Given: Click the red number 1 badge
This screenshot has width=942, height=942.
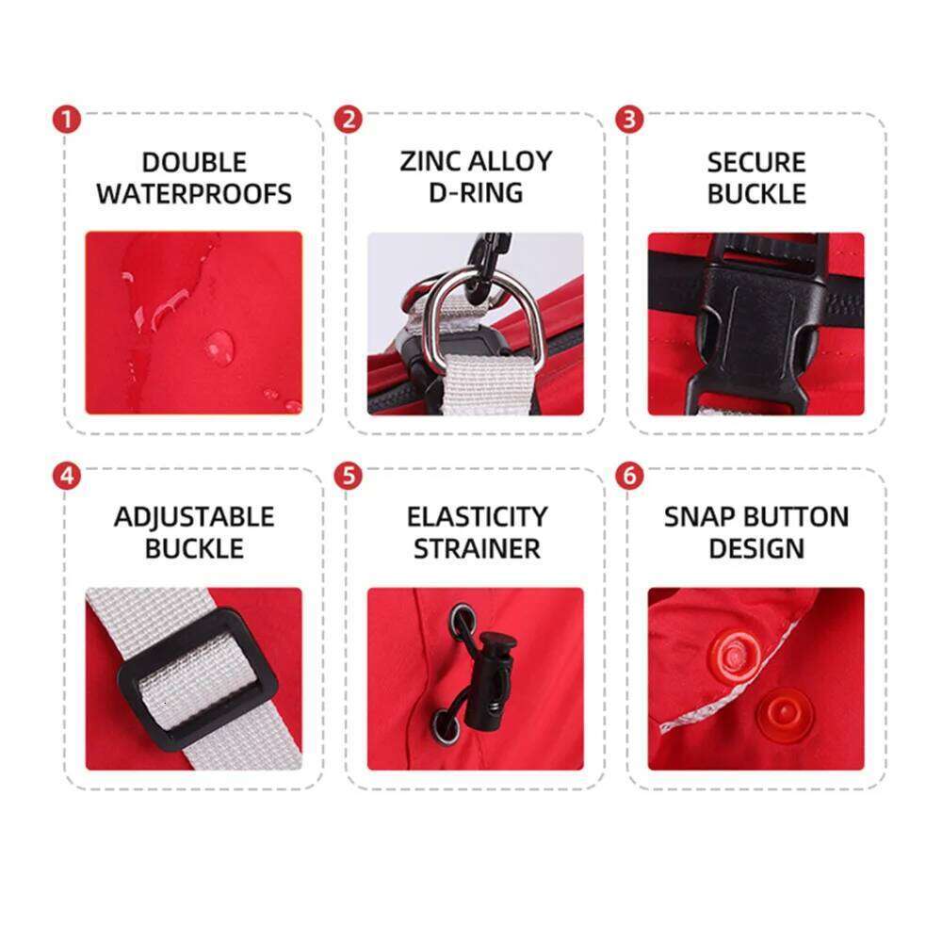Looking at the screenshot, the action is click(x=67, y=120).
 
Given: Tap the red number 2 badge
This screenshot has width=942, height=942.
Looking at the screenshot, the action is click(x=349, y=119).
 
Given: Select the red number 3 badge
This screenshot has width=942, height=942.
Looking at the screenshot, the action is click(x=629, y=119).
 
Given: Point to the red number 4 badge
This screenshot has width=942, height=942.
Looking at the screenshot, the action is click(x=67, y=476).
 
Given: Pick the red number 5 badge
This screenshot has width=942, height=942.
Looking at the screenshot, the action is click(x=349, y=476).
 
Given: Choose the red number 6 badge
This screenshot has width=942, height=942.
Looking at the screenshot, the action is click(x=629, y=476).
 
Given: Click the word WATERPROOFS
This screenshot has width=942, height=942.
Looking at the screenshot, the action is click(x=194, y=194).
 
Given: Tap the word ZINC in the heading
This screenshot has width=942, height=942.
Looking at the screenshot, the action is click(x=430, y=161).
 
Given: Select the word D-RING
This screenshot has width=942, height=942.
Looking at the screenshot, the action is click(x=476, y=193).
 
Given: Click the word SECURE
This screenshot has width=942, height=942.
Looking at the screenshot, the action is click(x=756, y=162).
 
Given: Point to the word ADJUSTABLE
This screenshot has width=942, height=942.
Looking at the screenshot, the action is click(x=194, y=518).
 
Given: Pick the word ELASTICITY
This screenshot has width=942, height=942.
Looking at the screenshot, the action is click(x=477, y=516).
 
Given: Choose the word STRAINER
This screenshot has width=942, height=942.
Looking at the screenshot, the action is click(x=477, y=548).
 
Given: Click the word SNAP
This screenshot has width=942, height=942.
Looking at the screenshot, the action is click(x=699, y=516).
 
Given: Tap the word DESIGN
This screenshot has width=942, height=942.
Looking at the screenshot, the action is click(x=756, y=548).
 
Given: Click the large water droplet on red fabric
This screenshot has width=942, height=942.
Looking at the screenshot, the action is click(x=219, y=348).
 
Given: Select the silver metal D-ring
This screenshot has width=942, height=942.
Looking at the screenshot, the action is click(x=488, y=318).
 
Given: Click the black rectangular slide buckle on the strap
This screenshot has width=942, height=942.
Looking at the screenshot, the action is click(x=197, y=679).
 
